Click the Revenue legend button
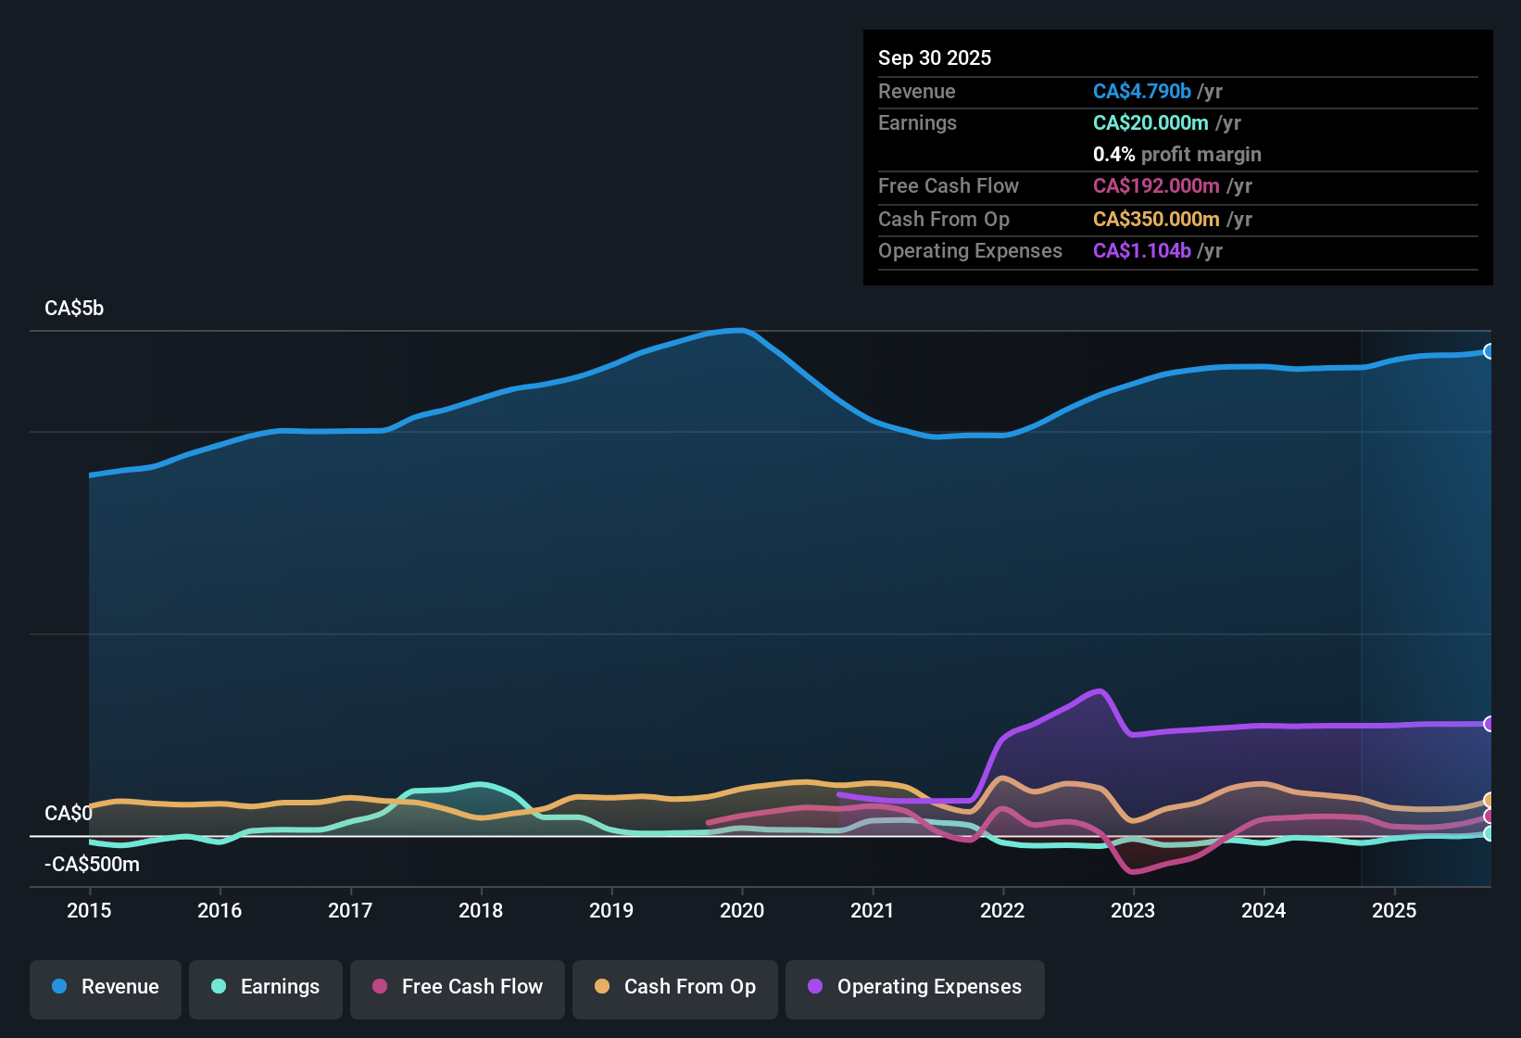(x=106, y=987)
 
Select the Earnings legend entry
(x=266, y=987)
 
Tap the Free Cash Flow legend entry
(x=458, y=987)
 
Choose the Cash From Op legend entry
(x=675, y=987)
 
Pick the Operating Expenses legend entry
(x=915, y=987)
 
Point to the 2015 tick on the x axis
(x=89, y=910)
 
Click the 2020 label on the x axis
(x=742, y=910)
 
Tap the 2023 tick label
(x=1133, y=910)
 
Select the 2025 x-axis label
(x=1394, y=910)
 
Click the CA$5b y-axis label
(x=74, y=309)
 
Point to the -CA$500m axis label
(x=92, y=865)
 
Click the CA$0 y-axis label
(x=68, y=814)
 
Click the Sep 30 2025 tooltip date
(x=935, y=58)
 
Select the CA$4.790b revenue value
(x=1141, y=92)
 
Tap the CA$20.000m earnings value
(x=1150, y=123)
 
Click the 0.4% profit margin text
(x=1176, y=155)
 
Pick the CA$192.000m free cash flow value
(x=1155, y=186)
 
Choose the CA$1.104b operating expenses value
(x=1141, y=251)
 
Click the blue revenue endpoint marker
(x=1489, y=351)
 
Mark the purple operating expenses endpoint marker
(x=1489, y=724)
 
